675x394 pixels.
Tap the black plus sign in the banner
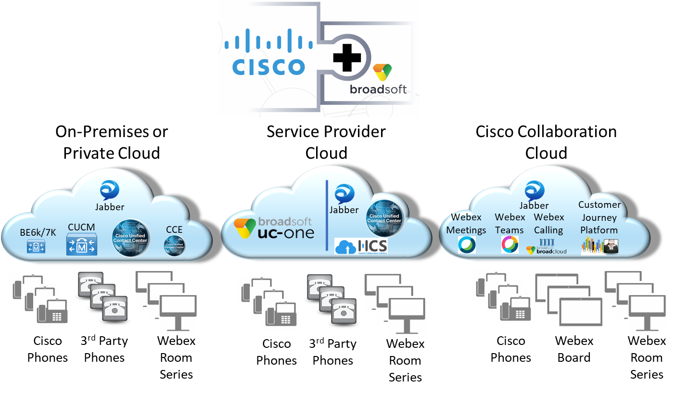coord(347,58)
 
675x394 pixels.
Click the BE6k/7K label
coord(38,232)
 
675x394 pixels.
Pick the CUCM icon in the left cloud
coord(81,244)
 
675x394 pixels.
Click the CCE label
coord(174,229)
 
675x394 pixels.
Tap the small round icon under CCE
coord(174,245)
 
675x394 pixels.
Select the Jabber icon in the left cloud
coord(110,190)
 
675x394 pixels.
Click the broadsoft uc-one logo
coord(273,228)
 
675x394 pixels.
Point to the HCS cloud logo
coord(361,246)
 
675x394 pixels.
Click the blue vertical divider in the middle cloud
coord(327,215)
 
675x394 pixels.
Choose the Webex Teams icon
coord(509,244)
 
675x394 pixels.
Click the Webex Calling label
coord(549,224)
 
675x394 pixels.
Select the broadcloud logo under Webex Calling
coord(547,246)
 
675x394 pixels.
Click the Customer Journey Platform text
coord(599,217)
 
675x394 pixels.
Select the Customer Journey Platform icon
coord(599,245)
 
